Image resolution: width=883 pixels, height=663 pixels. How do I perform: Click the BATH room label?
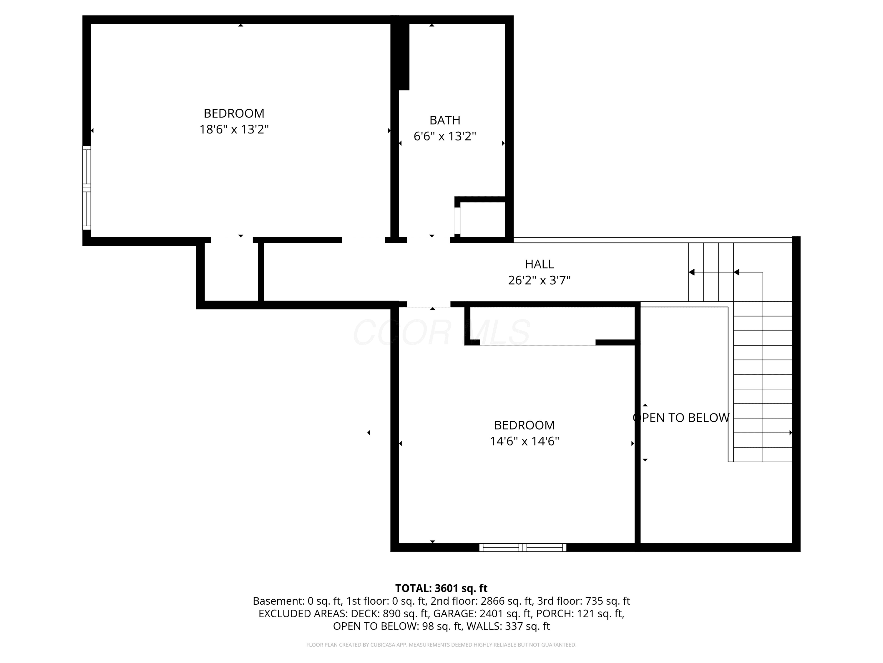[x=445, y=120]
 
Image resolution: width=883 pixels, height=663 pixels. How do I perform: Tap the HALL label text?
[x=539, y=264]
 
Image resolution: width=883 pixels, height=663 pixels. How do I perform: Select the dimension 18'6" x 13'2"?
[x=234, y=129]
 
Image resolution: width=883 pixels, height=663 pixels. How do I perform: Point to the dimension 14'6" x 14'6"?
[x=525, y=441]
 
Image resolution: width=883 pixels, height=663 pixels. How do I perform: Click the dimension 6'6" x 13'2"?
[x=445, y=136]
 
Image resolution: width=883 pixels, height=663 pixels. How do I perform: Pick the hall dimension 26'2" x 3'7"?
[x=539, y=280]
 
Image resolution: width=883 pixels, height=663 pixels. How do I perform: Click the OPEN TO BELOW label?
[x=681, y=418]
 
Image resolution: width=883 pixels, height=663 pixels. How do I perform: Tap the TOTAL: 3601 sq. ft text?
[x=441, y=588]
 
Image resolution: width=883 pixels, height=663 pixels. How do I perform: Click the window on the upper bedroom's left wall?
[x=87, y=188]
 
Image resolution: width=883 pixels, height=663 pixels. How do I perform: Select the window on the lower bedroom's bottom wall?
[x=522, y=547]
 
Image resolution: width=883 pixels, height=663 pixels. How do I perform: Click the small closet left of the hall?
[x=232, y=272]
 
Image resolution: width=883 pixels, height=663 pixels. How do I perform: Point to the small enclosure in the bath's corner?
[x=483, y=220]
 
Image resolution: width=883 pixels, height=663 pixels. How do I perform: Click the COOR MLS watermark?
[x=441, y=332]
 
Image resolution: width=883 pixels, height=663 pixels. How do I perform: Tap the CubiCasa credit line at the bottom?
[x=441, y=645]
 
